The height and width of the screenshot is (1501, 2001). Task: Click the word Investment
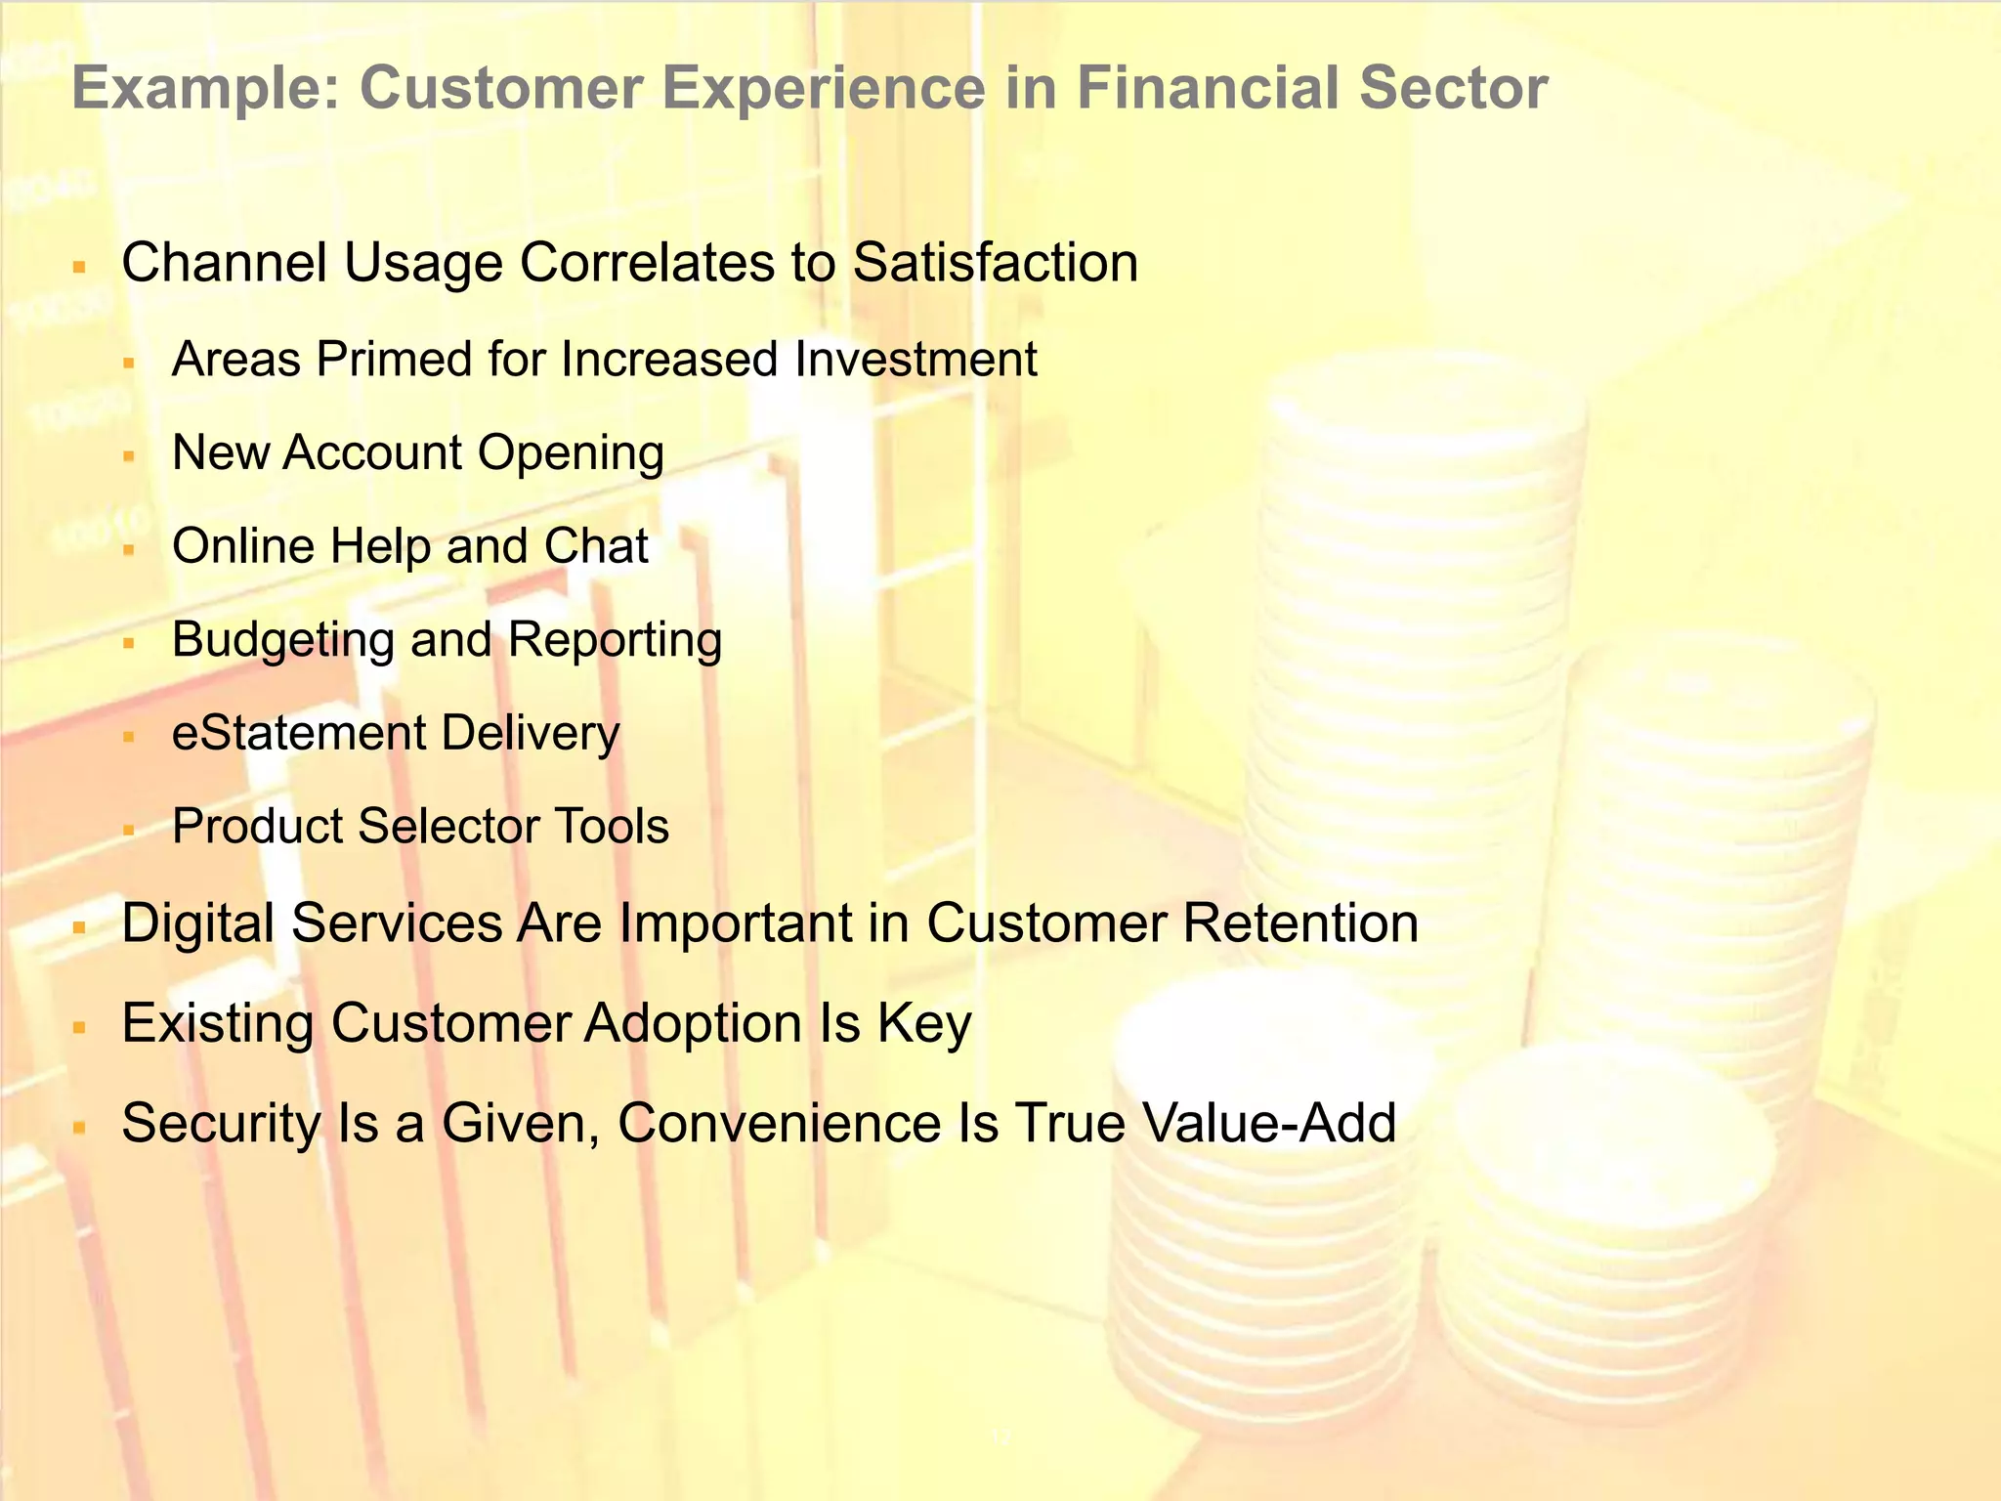coord(915,359)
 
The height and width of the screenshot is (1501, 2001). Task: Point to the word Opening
coord(571,452)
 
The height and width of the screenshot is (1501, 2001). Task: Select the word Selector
coord(450,827)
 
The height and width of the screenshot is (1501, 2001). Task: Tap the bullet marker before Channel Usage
coord(80,266)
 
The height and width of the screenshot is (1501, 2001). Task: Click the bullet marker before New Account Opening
coord(128,455)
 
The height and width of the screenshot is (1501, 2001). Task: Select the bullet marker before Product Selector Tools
coord(128,830)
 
